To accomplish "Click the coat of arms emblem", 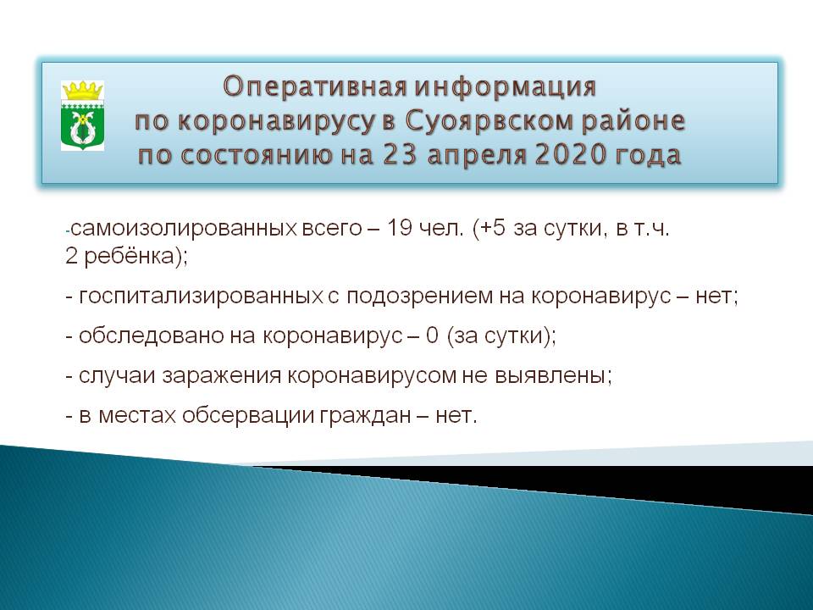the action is (82, 115).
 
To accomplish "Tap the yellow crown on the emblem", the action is (82, 91).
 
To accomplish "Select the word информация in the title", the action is (506, 86).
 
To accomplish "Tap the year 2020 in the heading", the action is (570, 155).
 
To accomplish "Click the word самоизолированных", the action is (184, 229).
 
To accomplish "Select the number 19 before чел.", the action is (399, 228).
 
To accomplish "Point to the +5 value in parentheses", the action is (493, 228).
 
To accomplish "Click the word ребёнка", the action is (129, 256).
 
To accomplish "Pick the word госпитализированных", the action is (202, 297).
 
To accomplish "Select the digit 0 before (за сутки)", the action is (432, 335).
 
